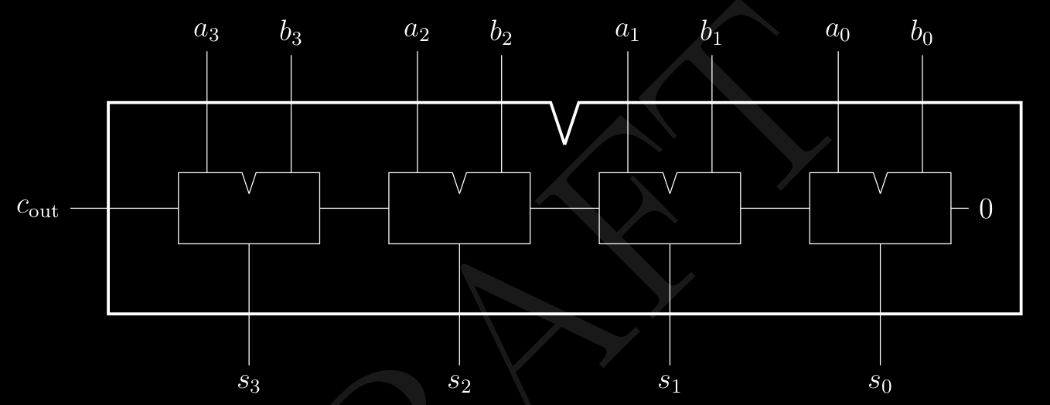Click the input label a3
(206, 33)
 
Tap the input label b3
(291, 34)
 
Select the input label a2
(417, 33)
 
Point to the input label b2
(501, 34)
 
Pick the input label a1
(628, 33)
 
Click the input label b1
(711, 34)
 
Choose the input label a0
(838, 33)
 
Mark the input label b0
(922, 34)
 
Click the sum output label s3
(248, 381)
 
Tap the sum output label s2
(459, 381)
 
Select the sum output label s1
(670, 381)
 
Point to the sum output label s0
(880, 381)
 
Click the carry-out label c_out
(38, 208)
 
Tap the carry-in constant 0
(986, 209)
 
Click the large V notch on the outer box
(564, 124)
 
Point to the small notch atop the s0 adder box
(881, 182)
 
